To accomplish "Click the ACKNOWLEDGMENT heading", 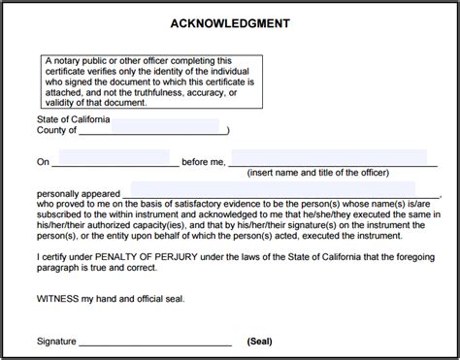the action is (x=230, y=22).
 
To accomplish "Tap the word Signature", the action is (x=56, y=342).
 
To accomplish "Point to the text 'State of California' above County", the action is (x=75, y=116).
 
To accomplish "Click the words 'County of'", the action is (x=56, y=129).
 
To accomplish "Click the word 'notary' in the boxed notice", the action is (x=68, y=59).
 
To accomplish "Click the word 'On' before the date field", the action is (x=43, y=158).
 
